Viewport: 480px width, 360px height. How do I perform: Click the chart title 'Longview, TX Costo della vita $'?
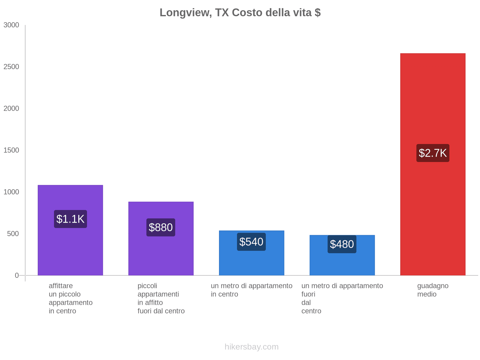[240, 13]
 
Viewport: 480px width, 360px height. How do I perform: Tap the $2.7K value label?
[433, 153]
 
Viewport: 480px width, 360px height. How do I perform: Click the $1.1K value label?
[70, 219]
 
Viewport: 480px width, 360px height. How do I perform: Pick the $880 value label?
[161, 227]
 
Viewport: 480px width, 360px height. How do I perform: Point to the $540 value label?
[251, 242]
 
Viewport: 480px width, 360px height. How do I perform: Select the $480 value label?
[342, 244]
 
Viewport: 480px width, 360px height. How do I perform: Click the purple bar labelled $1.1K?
[70, 252]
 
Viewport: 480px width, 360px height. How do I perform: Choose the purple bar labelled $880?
[161, 255]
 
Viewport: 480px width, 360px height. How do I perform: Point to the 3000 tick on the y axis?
[11, 25]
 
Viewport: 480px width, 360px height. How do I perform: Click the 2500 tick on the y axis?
[11, 67]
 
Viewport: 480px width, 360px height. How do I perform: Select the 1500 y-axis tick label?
[11, 150]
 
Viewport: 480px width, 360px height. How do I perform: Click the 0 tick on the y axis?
[17, 275]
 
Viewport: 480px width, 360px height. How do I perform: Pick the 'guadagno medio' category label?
[433, 290]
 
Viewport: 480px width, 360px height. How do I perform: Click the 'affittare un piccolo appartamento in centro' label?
[70, 298]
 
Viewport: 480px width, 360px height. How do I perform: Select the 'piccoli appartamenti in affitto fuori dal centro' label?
[161, 298]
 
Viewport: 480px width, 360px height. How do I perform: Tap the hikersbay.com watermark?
[251, 347]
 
